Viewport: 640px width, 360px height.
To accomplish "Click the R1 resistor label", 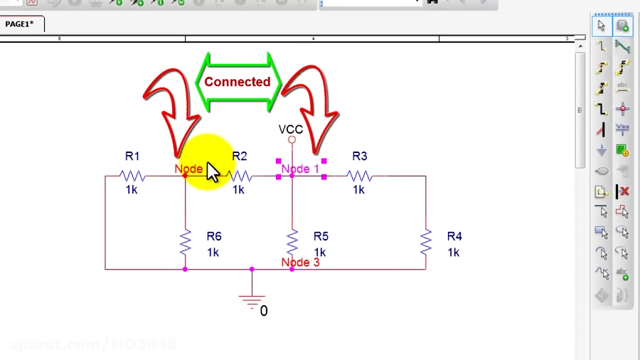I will (132, 157).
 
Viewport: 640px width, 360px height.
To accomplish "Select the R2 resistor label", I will (240, 157).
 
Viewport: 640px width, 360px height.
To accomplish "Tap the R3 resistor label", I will (359, 157).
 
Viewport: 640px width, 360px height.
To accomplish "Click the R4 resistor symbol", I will (425, 243).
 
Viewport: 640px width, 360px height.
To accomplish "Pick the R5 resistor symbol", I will (292, 243).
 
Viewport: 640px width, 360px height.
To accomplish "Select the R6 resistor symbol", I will (185, 243).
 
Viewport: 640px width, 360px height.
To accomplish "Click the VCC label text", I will (290, 129).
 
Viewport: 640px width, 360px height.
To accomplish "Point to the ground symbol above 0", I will (252, 300).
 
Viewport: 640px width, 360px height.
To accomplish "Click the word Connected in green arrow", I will (238, 82).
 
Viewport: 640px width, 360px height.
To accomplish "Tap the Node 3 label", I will (300, 263).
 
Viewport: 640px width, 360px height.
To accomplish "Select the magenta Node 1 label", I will (300, 169).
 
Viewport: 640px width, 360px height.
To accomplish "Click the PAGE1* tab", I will (20, 24).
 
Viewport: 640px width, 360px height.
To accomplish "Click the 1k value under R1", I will (132, 190).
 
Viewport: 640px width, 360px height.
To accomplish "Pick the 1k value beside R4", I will (453, 253).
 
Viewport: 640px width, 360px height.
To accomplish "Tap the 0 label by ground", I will (264, 311).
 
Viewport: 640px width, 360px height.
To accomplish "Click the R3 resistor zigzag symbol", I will (359, 176).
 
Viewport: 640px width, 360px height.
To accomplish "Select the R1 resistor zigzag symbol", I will (132, 176).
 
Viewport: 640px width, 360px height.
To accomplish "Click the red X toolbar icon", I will (623, 191).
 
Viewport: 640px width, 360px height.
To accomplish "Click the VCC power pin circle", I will (292, 140).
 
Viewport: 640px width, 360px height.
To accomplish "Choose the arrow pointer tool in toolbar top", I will (602, 26).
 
